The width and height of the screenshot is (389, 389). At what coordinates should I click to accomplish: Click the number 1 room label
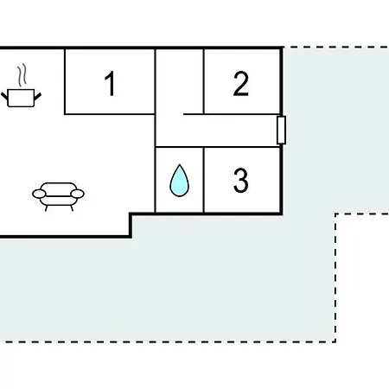111,83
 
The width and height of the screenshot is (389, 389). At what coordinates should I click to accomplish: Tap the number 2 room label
241,84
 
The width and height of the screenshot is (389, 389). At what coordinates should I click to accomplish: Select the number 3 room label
241,181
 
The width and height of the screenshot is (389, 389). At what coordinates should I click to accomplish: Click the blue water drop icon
179,181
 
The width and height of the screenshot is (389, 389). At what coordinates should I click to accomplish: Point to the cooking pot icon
21,98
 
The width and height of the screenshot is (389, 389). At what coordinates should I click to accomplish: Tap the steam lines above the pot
22,75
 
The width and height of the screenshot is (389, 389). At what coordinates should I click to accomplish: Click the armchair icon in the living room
58,196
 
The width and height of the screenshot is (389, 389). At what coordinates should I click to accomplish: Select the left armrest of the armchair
39,194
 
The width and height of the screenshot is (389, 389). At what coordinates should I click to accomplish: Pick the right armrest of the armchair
77,194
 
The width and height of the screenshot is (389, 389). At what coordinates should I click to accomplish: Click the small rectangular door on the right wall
281,130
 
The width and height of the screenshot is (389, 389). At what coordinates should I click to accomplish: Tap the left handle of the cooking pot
4,97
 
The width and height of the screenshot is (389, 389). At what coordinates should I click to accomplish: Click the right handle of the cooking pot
38,97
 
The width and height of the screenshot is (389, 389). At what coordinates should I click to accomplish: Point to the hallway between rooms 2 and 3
231,131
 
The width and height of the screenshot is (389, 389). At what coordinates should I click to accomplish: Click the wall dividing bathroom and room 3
203,181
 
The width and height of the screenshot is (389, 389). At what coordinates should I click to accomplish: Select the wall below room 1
110,114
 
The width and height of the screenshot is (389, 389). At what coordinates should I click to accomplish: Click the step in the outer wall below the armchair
131,226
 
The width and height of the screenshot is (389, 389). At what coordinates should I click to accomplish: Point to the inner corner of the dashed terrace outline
335,214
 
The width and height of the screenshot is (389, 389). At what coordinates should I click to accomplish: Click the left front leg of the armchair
47,208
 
